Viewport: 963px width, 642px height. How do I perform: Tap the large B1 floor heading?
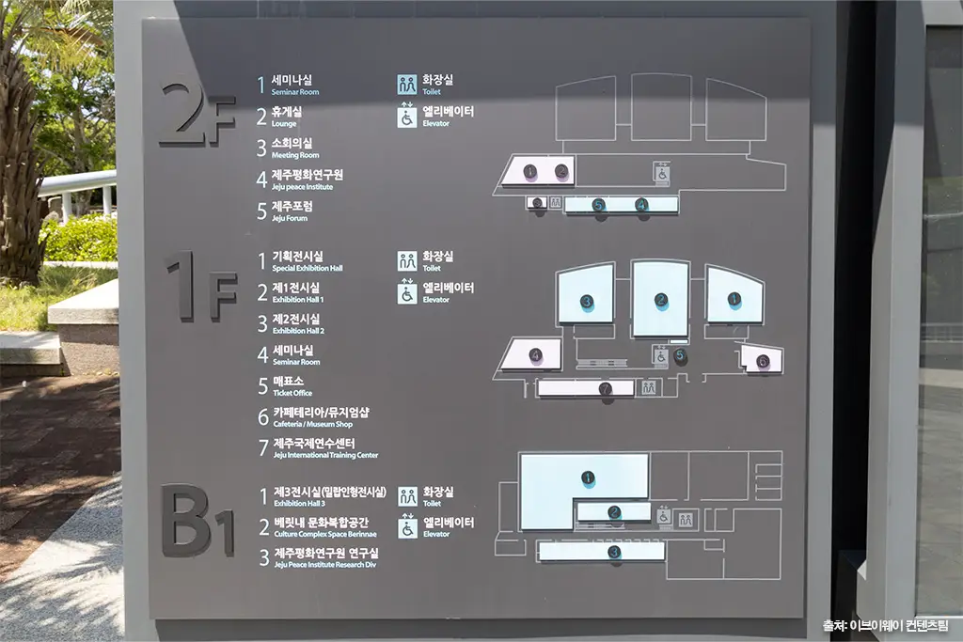[x=197, y=521]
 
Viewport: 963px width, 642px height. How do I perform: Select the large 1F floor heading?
[x=202, y=286]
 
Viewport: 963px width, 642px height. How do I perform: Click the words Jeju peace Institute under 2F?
[x=302, y=187]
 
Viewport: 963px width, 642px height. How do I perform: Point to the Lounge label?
[x=284, y=124]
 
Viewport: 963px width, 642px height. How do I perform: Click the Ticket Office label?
[x=292, y=394]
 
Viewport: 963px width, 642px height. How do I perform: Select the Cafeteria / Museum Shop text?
[x=312, y=424]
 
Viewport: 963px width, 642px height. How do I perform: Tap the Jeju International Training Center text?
[x=325, y=455]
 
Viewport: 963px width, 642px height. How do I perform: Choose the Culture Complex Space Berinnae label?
[x=325, y=535]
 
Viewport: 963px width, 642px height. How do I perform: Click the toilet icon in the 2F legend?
[x=406, y=85]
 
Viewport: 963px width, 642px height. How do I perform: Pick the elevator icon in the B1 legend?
[x=407, y=527]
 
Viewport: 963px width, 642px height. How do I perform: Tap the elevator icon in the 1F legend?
[x=406, y=291]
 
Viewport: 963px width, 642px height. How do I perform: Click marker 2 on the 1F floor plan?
[x=661, y=300]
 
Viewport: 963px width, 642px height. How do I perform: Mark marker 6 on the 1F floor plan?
[x=763, y=361]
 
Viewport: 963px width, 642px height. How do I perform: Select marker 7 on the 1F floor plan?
[x=606, y=388]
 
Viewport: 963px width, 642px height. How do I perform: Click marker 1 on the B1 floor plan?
[x=588, y=478]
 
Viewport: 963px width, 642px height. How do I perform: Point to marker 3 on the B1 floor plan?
[x=613, y=553]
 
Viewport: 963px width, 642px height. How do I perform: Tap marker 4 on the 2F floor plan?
[x=641, y=204]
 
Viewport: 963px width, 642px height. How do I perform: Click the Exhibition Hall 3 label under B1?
[x=299, y=504]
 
